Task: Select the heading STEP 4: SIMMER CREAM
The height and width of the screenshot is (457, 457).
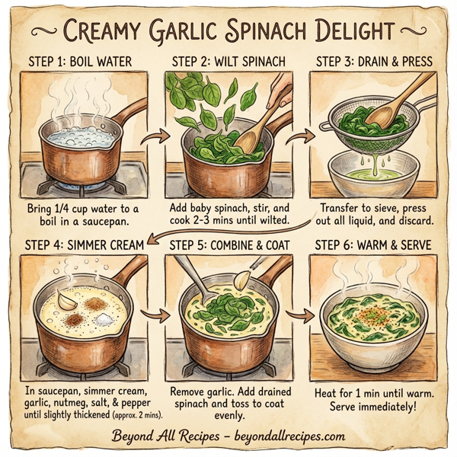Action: point(85,245)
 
